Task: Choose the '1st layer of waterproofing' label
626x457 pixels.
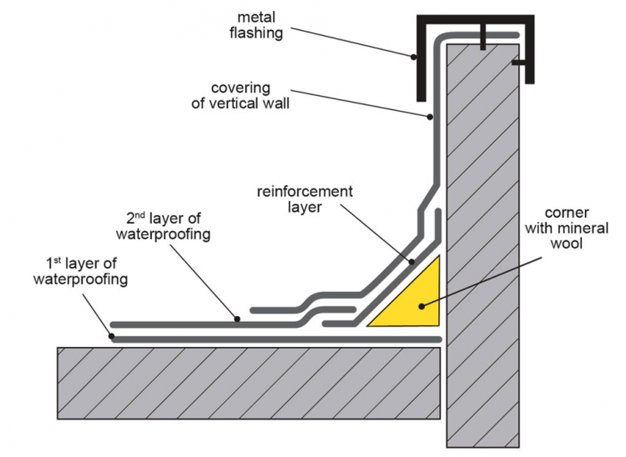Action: (x=80, y=270)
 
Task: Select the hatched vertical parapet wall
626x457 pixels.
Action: (x=484, y=250)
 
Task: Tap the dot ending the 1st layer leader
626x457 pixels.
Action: (x=112, y=337)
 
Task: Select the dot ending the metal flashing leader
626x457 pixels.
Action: (x=413, y=58)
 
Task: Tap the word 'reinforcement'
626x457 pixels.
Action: (x=305, y=192)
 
